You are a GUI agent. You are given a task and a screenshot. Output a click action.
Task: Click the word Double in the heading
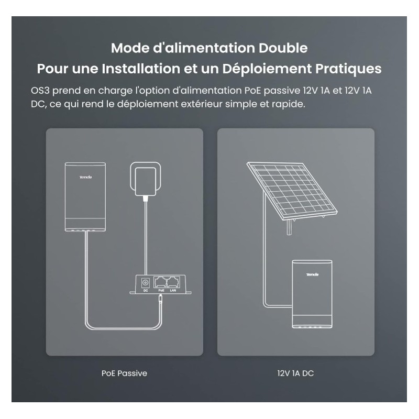(283, 48)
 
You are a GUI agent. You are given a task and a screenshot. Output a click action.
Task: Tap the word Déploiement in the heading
(267, 69)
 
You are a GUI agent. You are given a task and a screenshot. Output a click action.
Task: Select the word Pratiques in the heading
(348, 69)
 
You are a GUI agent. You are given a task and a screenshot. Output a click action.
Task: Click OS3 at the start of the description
(40, 91)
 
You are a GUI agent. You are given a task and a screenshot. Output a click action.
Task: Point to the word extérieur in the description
(202, 104)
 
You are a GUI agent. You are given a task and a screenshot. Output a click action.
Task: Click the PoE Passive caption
(124, 373)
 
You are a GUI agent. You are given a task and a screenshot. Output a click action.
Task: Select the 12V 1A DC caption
(295, 373)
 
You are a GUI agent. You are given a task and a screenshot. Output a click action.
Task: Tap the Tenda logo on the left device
(85, 177)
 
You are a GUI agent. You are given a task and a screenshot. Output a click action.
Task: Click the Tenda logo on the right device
(312, 274)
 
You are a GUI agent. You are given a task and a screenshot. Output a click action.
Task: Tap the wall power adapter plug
(146, 181)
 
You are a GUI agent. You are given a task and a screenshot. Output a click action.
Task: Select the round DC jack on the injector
(146, 282)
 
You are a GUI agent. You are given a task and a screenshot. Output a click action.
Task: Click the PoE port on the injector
(160, 282)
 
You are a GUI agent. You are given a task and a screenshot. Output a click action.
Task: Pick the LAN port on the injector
(173, 282)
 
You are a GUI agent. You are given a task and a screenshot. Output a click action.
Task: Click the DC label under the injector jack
(146, 291)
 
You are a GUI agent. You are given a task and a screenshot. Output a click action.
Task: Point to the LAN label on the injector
(173, 291)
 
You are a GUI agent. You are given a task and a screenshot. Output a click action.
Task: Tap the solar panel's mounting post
(289, 228)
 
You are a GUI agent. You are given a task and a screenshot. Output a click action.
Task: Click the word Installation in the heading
(141, 69)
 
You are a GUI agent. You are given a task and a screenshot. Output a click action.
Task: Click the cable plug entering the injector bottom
(160, 298)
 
